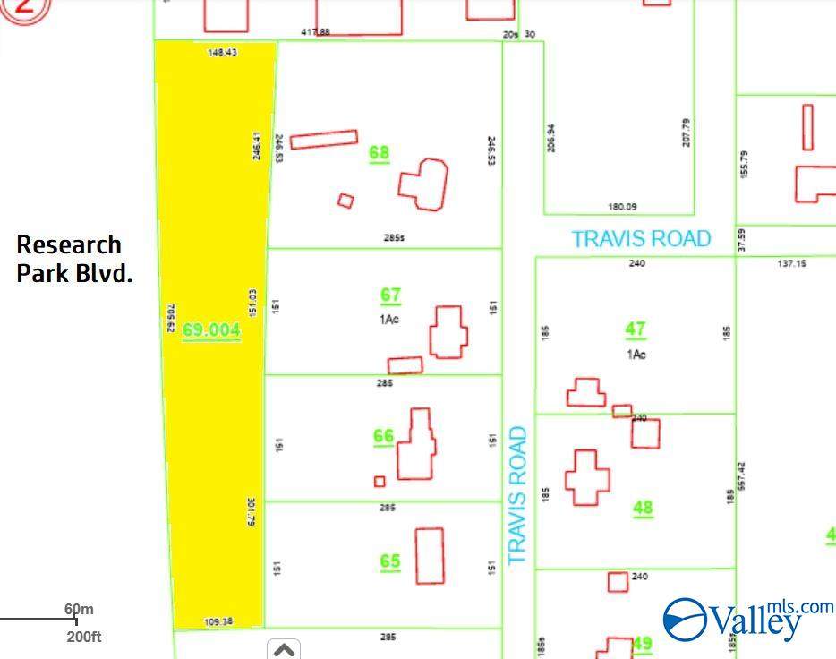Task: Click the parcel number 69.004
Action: [x=211, y=330]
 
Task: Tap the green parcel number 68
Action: [x=380, y=153]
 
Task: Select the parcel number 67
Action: [x=390, y=295]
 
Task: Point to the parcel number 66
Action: [x=383, y=437]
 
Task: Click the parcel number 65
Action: [x=389, y=561]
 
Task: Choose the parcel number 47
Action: [x=636, y=329]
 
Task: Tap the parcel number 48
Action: [x=643, y=508]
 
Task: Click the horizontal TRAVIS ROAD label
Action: [x=641, y=239]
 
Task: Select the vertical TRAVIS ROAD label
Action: [x=516, y=495]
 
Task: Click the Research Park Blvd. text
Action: [x=74, y=260]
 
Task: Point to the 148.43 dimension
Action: [x=222, y=53]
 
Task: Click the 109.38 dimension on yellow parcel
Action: [x=218, y=621]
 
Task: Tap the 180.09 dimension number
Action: [x=622, y=207]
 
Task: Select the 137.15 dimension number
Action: [x=791, y=263]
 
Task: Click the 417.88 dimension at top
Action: [x=315, y=32]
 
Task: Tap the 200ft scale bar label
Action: [x=84, y=638]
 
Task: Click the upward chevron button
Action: [x=284, y=649]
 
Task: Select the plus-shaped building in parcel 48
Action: [x=586, y=477]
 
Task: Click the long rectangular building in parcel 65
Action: [x=430, y=555]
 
